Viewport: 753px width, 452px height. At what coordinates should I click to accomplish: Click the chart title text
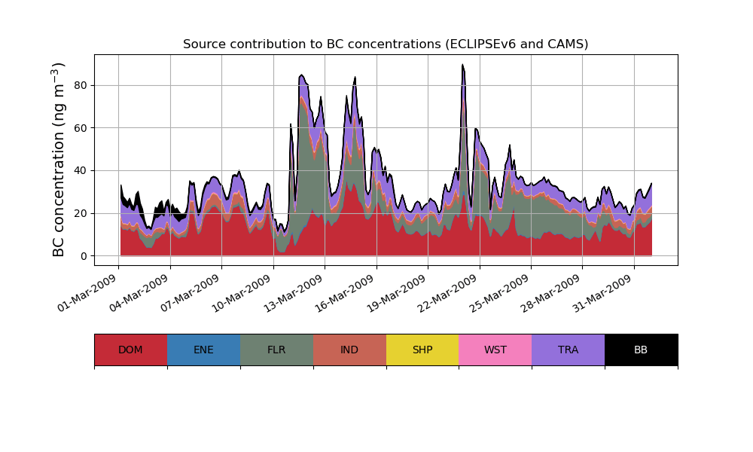(x=386, y=44)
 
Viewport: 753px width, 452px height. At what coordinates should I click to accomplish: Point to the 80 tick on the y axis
(x=78, y=85)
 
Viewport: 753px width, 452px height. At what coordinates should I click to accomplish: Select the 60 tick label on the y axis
(x=78, y=128)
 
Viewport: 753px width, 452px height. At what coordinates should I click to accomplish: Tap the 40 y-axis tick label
(x=78, y=171)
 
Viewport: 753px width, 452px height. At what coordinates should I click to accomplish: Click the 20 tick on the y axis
(x=78, y=213)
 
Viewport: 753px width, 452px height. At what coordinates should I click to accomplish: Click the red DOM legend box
(x=130, y=350)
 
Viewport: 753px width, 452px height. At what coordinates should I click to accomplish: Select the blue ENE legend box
(x=203, y=350)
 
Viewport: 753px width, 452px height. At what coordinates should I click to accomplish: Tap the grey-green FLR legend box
(x=276, y=350)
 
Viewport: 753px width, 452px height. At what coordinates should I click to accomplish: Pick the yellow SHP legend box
(x=422, y=350)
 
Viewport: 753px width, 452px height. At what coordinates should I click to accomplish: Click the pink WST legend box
(x=495, y=350)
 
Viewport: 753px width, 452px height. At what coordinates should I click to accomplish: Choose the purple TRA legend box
(x=568, y=350)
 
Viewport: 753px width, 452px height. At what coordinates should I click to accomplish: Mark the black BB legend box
(x=641, y=350)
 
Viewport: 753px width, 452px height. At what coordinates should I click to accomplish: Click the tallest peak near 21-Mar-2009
(x=463, y=66)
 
